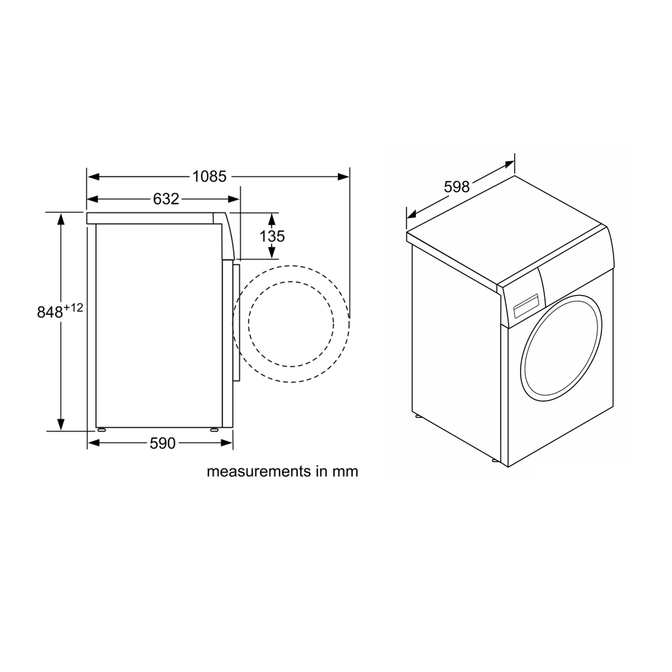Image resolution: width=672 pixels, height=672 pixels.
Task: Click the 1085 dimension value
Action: (x=209, y=176)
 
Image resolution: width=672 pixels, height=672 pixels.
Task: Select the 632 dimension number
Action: (x=166, y=199)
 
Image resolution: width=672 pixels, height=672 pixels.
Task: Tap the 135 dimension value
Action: (x=271, y=236)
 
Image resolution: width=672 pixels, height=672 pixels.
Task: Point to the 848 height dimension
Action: (x=50, y=312)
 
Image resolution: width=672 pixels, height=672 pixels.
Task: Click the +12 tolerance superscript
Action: (x=73, y=307)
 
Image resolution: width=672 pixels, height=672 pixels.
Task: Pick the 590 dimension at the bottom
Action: (x=163, y=443)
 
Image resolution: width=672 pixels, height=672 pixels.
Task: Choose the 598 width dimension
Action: (x=457, y=187)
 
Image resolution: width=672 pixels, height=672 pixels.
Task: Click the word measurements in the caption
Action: (x=259, y=472)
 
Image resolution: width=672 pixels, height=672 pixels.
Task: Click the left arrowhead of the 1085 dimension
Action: (x=93, y=176)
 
